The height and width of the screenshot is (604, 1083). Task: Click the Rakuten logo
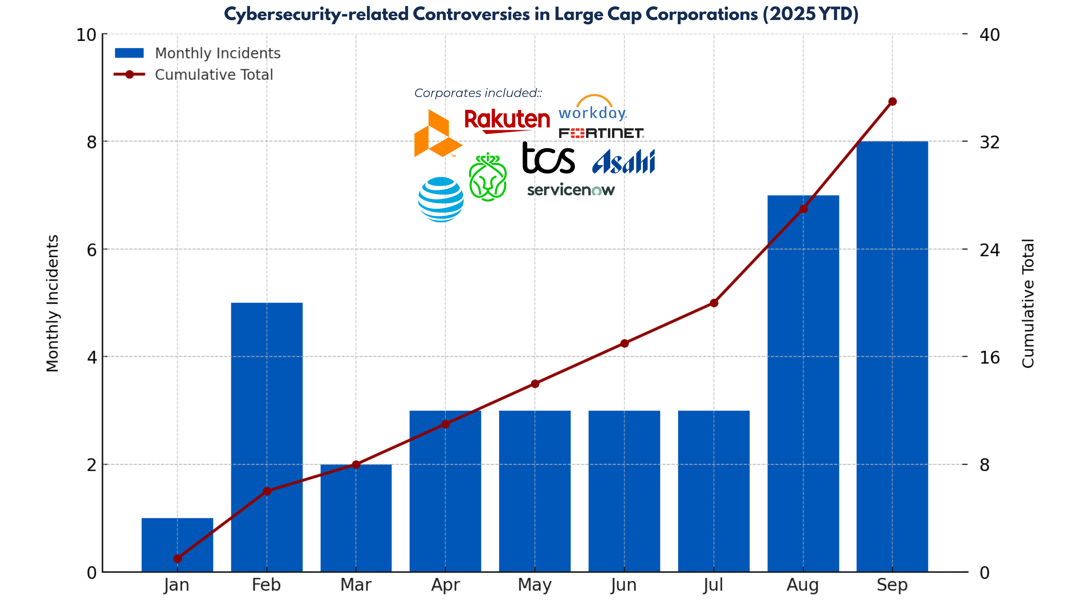click(507, 121)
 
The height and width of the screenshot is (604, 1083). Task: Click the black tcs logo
click(548, 158)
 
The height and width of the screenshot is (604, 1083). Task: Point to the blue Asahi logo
click(623, 162)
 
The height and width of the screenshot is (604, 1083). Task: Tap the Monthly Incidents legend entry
click(197, 53)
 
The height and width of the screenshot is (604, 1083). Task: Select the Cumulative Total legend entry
click(193, 75)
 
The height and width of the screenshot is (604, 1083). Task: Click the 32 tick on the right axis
click(989, 142)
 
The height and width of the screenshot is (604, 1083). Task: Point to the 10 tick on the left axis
click(86, 35)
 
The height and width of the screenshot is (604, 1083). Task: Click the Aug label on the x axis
click(803, 585)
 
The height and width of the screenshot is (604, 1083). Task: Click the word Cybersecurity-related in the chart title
click(315, 14)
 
